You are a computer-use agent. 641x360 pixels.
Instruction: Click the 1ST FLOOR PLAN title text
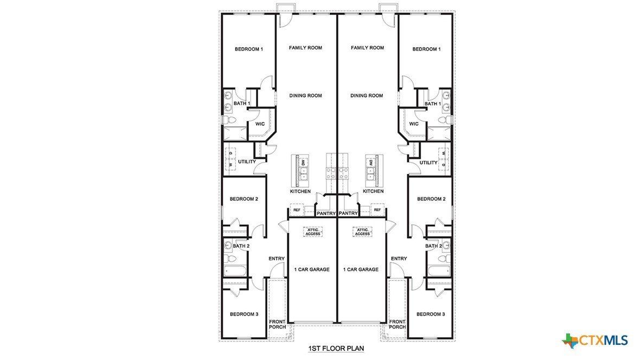click(336, 348)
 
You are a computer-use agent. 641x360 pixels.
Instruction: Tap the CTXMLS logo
click(595, 340)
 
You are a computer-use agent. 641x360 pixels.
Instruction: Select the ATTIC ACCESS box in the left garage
click(313, 232)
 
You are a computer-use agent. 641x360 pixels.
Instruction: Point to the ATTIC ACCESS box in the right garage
click(362, 232)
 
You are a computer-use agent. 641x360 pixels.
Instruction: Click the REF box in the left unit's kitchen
click(297, 210)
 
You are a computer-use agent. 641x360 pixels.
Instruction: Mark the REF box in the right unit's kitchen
click(377, 210)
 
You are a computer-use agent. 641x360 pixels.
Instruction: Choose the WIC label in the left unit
click(260, 124)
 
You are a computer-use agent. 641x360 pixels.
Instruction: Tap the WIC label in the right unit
click(414, 124)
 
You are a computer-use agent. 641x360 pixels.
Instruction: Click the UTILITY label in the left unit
click(247, 162)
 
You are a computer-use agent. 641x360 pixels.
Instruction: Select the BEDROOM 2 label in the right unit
click(431, 199)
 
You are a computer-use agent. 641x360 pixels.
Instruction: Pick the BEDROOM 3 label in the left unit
click(243, 314)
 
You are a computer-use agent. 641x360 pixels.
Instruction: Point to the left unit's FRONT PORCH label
click(277, 324)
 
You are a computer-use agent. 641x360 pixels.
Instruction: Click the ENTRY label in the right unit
click(399, 259)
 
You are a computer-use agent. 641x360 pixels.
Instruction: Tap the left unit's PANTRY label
click(326, 213)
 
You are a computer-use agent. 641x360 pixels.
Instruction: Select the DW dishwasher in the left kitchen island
click(304, 162)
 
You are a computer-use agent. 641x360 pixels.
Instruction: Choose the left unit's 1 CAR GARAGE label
click(312, 269)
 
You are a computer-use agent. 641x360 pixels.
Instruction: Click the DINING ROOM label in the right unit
click(367, 95)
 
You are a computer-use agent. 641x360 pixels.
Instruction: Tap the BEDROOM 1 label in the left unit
click(248, 49)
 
